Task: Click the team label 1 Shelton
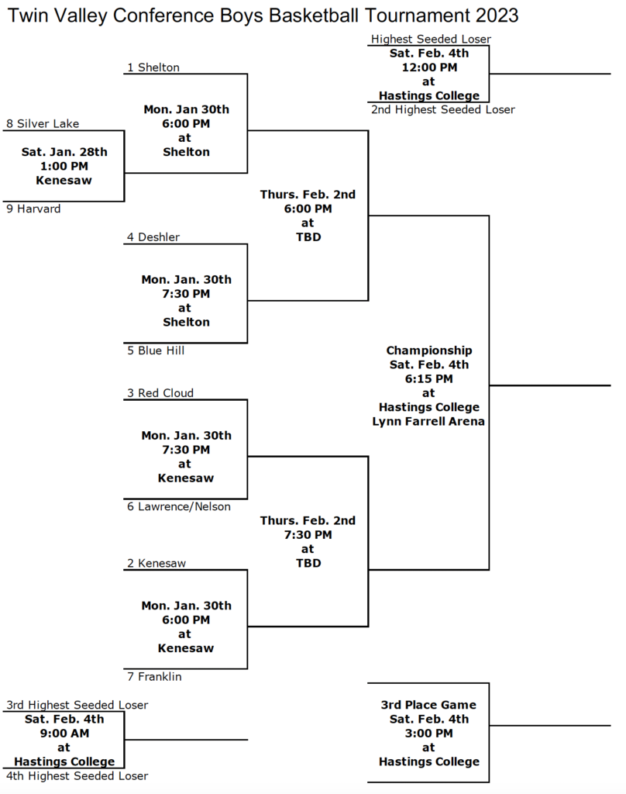(153, 67)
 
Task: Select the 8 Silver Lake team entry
(43, 123)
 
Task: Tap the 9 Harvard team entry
(33, 209)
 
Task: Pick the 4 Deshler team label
(153, 237)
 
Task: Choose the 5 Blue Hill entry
(156, 350)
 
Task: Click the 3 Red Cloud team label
(160, 393)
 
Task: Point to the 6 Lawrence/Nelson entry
(179, 506)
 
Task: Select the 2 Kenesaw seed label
(156, 563)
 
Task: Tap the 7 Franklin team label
(154, 676)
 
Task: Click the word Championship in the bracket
(429, 350)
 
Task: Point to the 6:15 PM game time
(428, 378)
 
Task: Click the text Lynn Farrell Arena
(428, 421)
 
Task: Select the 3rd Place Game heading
(428, 705)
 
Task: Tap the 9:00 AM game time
(64, 734)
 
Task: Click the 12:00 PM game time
(429, 67)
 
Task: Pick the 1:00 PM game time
(64, 166)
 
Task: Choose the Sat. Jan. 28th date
(64, 152)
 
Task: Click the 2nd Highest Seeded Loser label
(443, 109)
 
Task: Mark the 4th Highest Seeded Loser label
(77, 775)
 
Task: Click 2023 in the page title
(497, 16)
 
